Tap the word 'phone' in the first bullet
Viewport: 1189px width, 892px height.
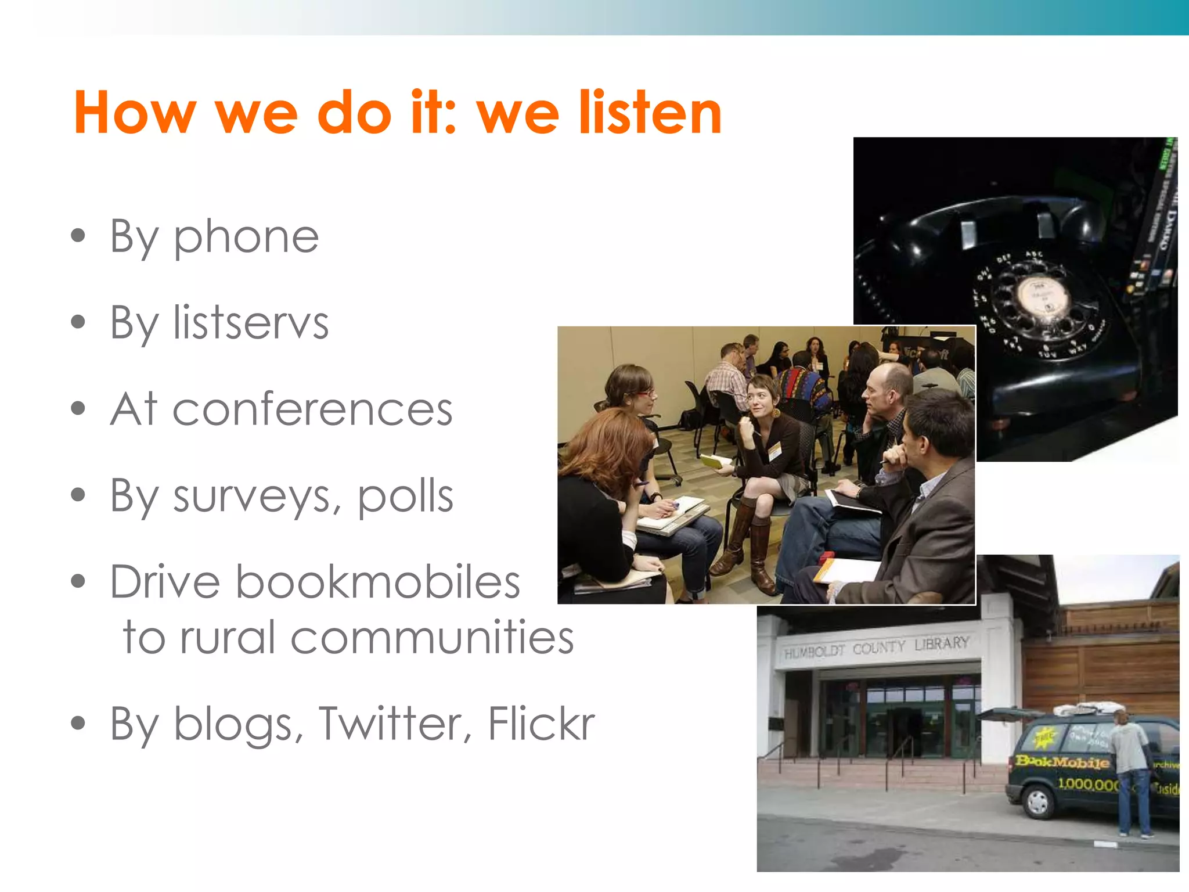click(x=246, y=237)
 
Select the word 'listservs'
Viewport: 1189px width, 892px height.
click(x=251, y=322)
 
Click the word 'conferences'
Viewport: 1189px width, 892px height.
click(x=312, y=409)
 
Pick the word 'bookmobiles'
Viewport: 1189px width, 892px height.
click(x=377, y=582)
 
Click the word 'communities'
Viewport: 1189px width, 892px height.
click(x=432, y=637)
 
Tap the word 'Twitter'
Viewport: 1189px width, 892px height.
click(x=395, y=724)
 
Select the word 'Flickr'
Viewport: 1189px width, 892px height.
click(x=541, y=724)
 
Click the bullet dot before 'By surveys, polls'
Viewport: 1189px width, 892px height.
click(x=78, y=495)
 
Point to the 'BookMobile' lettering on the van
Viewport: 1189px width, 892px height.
click(x=1062, y=762)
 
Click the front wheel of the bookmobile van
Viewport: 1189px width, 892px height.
click(x=1037, y=803)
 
